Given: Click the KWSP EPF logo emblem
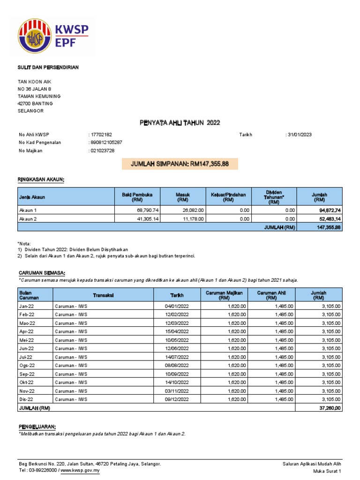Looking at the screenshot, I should pyautogui.click(x=35, y=37).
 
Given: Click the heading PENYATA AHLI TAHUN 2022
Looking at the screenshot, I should pyautogui.click(x=180, y=123).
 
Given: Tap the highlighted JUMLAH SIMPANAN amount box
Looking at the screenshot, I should pyautogui.click(x=180, y=164).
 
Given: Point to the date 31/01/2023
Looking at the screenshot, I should pyautogui.click(x=300, y=135).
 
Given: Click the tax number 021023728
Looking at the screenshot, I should pyautogui.click(x=103, y=150).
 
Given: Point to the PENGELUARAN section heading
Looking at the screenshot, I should pyautogui.click(x=37, y=426).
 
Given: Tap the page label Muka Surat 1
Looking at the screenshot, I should pyautogui.click(x=326, y=471).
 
